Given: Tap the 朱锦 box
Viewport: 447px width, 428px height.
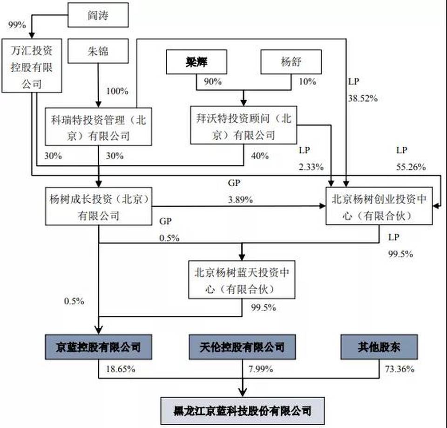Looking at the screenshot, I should pos(97,51).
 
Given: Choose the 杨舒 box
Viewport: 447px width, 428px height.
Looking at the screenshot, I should pos(291,62).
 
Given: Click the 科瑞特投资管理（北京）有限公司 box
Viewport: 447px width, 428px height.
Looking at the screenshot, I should pos(98,127).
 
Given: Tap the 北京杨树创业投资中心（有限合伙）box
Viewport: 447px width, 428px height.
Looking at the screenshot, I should pos(379,206).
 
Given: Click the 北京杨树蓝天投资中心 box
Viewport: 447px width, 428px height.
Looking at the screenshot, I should pos(242,279).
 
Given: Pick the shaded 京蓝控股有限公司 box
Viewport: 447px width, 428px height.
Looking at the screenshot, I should pos(98,346).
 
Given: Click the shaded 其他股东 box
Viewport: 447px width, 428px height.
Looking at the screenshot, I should pos(379,346).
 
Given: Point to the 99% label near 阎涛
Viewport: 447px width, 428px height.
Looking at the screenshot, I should pos(17,25).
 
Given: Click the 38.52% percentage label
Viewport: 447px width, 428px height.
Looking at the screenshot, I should pos(362,98).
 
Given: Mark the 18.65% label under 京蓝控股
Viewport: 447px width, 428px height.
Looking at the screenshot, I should pos(120,369).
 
